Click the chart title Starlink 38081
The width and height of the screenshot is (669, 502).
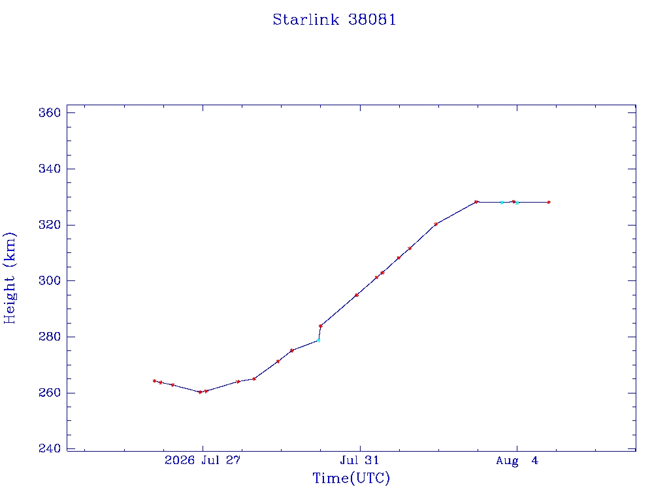coord(334,20)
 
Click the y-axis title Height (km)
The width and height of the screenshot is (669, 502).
coord(9,278)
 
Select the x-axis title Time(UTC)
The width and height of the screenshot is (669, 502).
coord(351,478)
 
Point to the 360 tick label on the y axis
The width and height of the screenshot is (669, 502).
coord(50,112)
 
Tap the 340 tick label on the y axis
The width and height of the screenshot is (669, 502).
coord(50,169)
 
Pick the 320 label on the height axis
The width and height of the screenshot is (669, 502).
coord(50,225)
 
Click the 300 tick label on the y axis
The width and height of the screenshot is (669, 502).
coord(50,280)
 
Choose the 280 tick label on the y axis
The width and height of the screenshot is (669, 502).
coord(50,337)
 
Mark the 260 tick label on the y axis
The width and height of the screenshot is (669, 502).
coord(50,393)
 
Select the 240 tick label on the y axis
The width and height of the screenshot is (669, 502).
coord(50,448)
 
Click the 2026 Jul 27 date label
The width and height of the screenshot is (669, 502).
coord(203,460)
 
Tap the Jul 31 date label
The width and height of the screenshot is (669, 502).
coord(359,460)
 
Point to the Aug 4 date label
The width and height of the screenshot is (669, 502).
coord(517,460)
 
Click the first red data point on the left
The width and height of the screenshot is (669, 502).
coord(154,381)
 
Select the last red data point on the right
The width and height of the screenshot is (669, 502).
coord(549,203)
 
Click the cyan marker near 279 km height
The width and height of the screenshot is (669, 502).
coord(318,341)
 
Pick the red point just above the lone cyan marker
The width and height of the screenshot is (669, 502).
coord(320,326)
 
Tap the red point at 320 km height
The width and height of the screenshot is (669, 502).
coord(436,224)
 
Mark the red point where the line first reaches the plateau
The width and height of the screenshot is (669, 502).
coord(476,202)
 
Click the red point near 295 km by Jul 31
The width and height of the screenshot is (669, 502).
coord(357,295)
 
